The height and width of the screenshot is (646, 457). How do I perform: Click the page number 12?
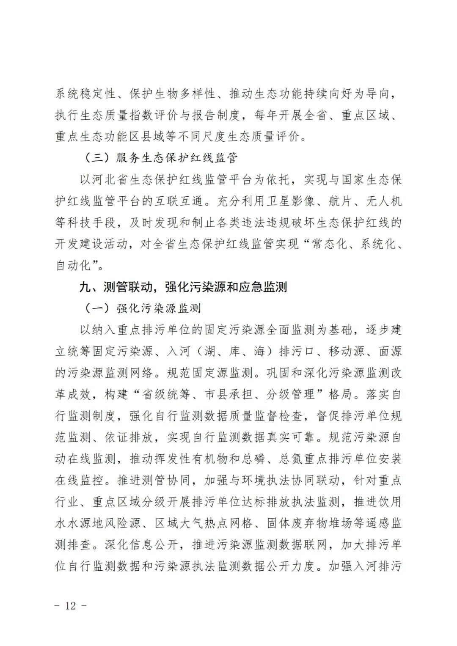coord(70,606)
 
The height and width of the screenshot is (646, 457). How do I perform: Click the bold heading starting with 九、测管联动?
coord(183,287)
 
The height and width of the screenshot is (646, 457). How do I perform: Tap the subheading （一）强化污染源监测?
coord(142,308)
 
